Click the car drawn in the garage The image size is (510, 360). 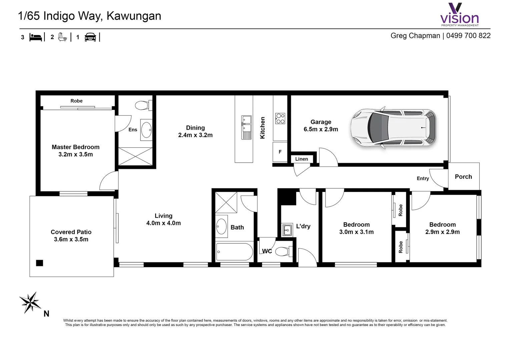pos(394,128)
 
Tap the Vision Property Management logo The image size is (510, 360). pos(459,15)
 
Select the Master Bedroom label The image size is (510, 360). pos(75,147)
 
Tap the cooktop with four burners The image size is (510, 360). pos(280,118)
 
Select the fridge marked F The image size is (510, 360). pos(280,152)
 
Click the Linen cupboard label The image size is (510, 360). pos(302,159)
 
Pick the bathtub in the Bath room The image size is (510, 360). pos(234,252)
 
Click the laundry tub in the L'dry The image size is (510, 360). pos(287,230)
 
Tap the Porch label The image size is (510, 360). pos(463,177)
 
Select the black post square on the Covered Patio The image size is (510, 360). pos(39,263)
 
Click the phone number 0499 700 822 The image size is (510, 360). pos(468,36)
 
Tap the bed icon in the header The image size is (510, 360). pos(36,37)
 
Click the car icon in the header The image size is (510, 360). pos(90,37)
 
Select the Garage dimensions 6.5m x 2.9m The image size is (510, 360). pos(321,129)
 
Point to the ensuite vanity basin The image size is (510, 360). pos(146,130)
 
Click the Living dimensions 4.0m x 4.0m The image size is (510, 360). pos(163,223)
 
